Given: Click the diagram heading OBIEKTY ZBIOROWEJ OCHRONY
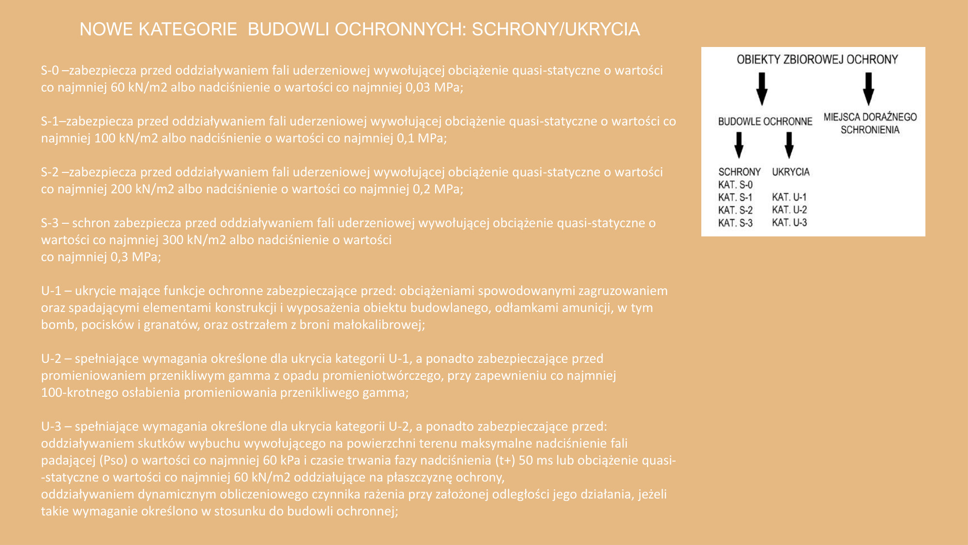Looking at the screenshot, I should (x=817, y=60).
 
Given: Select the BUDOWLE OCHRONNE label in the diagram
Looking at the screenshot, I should (x=765, y=122).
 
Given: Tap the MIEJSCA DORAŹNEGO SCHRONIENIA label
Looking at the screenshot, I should (x=870, y=124).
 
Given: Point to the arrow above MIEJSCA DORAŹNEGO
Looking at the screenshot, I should (x=868, y=89).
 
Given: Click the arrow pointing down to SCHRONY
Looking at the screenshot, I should (x=739, y=145).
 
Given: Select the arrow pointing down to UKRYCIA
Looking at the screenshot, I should (x=789, y=145).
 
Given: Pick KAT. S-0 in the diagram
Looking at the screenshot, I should (x=735, y=185).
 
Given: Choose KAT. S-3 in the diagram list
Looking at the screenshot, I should (x=735, y=223).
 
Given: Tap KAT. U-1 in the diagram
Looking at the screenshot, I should (x=789, y=197).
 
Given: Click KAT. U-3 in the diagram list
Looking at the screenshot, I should (x=789, y=223).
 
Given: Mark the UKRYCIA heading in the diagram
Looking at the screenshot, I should (x=790, y=172).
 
